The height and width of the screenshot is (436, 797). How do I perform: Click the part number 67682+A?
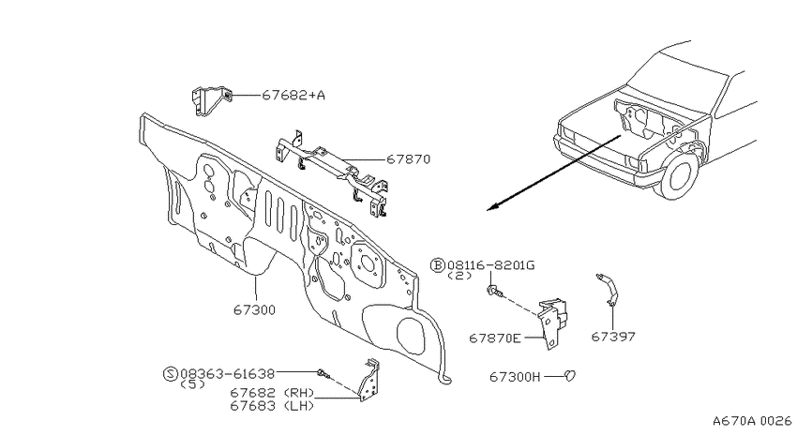293,95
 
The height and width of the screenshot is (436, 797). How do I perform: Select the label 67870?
408,159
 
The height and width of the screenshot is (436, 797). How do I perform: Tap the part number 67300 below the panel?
255,309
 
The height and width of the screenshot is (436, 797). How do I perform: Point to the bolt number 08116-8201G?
491,264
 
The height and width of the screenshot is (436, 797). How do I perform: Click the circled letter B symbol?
438,264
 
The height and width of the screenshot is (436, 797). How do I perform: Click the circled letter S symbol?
171,374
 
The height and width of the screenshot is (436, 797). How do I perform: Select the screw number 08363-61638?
228,374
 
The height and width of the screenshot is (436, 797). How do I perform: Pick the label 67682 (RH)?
273,393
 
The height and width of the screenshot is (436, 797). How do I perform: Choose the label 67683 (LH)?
273,405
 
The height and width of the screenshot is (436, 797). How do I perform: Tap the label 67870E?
495,338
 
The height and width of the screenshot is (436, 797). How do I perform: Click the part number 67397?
613,337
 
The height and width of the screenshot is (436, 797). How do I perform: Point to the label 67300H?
516,377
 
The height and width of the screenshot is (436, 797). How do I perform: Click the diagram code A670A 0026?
752,421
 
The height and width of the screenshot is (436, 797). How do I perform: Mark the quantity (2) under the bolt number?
459,276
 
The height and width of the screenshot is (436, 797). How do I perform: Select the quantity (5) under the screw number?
192,384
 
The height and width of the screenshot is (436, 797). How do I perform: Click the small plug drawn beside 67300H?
570,376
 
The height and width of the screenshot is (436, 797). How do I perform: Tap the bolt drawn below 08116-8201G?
494,292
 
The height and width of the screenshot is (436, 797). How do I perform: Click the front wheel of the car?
679,173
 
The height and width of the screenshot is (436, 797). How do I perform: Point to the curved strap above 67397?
608,290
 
